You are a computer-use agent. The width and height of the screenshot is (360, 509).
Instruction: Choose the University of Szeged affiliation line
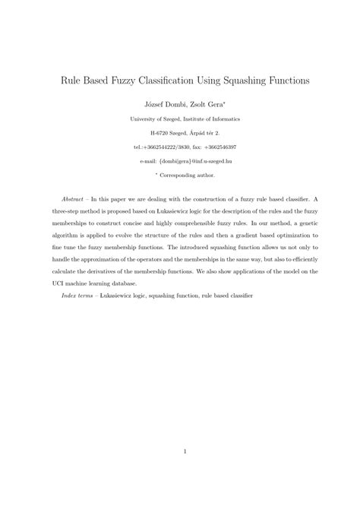(x=181, y=119)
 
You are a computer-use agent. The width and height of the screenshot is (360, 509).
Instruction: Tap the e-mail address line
(x=180, y=161)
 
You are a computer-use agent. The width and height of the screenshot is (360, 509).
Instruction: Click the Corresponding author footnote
(x=185, y=175)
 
